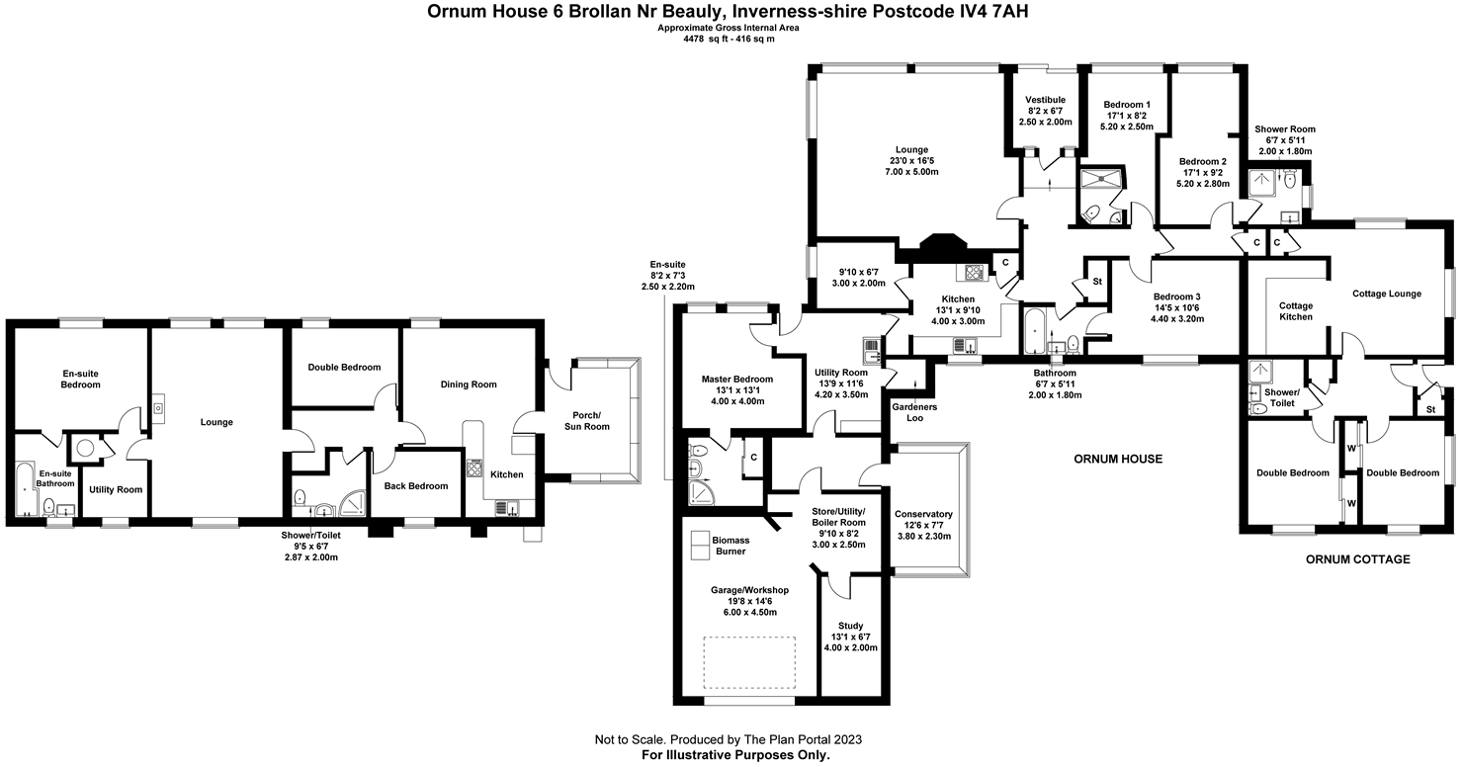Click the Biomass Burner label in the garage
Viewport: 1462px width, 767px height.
(x=731, y=546)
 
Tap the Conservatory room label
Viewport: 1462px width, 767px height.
(x=922, y=514)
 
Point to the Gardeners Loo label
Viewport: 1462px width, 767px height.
(x=915, y=412)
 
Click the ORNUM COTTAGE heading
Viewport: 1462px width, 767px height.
(x=1357, y=559)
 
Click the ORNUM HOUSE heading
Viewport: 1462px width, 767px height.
(x=1118, y=459)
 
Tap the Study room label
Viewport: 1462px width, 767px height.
(x=850, y=626)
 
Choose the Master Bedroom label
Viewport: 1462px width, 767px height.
(x=736, y=379)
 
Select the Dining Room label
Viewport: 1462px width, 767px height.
(x=469, y=384)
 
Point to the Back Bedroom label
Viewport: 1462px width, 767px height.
(x=416, y=485)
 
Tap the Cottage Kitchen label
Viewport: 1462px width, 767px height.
(x=1296, y=311)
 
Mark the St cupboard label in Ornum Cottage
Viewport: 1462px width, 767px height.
(x=1429, y=408)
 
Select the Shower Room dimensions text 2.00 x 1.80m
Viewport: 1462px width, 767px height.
(x=1285, y=150)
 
